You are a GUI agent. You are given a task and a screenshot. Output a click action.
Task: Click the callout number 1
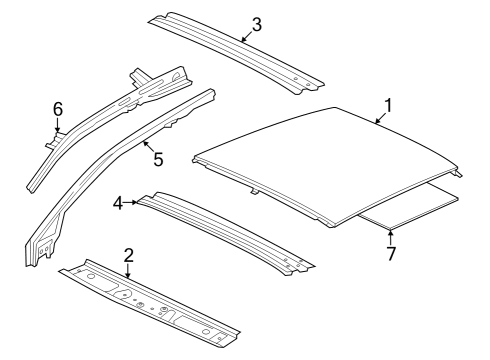(388, 106)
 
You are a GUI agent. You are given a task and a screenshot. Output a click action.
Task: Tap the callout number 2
(129, 255)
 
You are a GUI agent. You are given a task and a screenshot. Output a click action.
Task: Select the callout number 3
(257, 25)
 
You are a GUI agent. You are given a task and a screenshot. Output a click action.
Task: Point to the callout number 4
(118, 203)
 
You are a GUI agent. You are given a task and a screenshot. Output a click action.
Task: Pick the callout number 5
(158, 159)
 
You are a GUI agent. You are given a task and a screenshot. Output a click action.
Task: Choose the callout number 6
(58, 109)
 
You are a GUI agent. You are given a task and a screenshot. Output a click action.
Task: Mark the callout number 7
(391, 254)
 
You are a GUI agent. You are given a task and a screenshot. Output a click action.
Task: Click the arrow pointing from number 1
(381, 118)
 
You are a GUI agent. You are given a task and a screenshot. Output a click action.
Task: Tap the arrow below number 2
(128, 270)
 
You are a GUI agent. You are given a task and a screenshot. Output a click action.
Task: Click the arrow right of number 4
(131, 202)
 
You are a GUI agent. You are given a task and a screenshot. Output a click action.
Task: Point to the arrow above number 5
(148, 146)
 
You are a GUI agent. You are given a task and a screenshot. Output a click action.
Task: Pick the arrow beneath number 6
(58, 125)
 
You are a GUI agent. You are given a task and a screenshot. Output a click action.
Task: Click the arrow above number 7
(391, 237)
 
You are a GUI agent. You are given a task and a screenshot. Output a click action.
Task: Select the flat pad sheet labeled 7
(410, 207)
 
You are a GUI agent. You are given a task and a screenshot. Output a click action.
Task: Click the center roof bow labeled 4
(226, 232)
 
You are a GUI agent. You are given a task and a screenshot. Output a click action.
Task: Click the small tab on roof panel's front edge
(254, 193)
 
